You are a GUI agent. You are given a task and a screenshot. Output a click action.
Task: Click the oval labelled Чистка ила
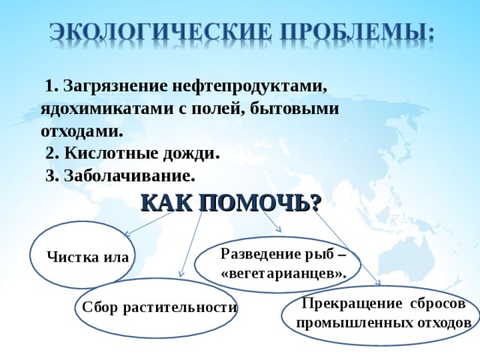point(84,255)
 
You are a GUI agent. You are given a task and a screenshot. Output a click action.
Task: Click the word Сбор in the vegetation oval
point(97,307)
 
